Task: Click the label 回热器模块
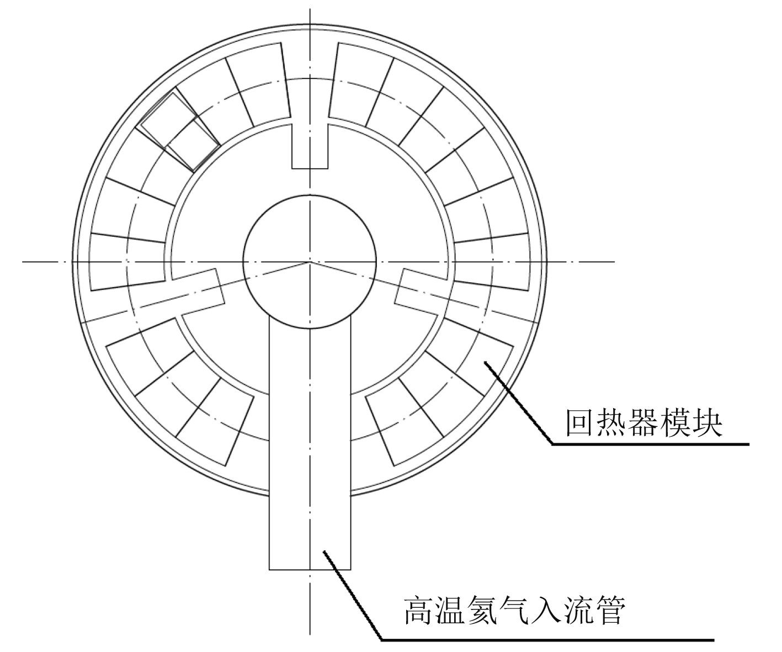click(643, 422)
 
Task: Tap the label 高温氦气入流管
click(514, 610)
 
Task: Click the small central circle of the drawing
click(310, 261)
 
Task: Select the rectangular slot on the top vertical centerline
click(310, 146)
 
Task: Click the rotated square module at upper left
click(179, 132)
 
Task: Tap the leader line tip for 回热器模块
click(485, 362)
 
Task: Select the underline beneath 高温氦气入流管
click(546, 640)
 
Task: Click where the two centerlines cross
click(310, 261)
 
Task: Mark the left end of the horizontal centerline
click(23, 261)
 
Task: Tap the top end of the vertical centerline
click(310, 10)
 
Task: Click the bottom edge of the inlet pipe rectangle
click(310, 569)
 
